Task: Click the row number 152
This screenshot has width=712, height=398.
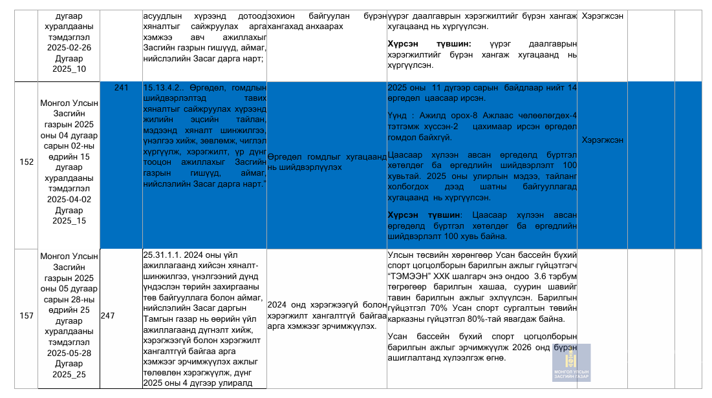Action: [x=27, y=162]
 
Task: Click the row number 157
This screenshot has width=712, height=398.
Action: [x=27, y=316]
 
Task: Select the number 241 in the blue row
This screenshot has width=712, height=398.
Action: [x=121, y=88]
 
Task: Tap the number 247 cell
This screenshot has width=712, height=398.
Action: [x=107, y=316]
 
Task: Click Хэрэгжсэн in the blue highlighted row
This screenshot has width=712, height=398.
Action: [x=603, y=140]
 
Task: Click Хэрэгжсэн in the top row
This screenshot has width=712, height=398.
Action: [x=603, y=16]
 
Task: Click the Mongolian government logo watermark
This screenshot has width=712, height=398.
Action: [x=571, y=363]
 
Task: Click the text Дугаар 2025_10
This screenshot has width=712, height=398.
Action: [x=69, y=64]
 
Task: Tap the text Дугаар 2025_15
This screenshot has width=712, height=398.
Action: [x=69, y=216]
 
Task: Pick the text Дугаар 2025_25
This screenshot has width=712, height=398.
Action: [x=69, y=370]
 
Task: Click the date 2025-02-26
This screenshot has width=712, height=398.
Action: [x=69, y=47]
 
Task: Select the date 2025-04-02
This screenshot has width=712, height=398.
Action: [x=69, y=200]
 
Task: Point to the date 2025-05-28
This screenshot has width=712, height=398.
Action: [x=69, y=353]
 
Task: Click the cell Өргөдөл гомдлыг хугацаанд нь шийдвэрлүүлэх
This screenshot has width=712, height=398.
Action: [x=327, y=162]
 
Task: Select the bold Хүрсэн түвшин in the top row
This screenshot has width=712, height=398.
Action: [x=424, y=43]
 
